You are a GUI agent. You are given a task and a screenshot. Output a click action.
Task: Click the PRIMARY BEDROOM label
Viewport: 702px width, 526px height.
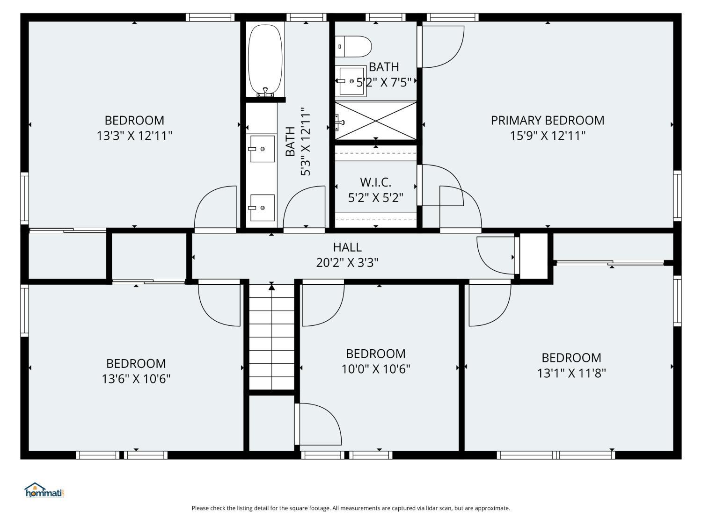click(548, 121)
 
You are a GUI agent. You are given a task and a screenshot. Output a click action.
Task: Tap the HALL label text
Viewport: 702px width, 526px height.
click(347, 247)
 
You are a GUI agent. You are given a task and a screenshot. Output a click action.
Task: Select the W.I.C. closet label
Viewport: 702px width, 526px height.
click(375, 182)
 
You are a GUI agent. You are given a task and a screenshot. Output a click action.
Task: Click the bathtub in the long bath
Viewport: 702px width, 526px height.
click(265, 60)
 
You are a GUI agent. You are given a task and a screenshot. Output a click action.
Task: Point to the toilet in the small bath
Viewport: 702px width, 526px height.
click(353, 46)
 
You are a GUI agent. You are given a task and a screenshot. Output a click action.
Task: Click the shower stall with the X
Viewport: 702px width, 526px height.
click(376, 121)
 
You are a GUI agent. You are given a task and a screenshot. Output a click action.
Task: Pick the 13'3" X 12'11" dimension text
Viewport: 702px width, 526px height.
click(134, 136)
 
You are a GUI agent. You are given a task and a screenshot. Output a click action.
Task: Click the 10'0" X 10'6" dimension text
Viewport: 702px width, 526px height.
click(376, 369)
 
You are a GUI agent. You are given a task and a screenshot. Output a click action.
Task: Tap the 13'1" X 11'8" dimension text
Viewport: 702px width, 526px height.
click(571, 373)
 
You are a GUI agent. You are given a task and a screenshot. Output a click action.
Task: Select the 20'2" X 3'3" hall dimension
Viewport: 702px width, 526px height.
click(347, 263)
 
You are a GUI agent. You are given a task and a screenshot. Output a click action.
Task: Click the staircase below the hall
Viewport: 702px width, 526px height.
click(271, 337)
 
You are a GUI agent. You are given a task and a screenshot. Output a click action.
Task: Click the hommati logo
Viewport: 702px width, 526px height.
click(44, 490)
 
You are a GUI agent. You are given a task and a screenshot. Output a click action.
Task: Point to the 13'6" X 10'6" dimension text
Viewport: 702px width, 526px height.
click(136, 379)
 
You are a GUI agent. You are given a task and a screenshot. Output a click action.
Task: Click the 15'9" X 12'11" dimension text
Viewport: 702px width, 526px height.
click(548, 136)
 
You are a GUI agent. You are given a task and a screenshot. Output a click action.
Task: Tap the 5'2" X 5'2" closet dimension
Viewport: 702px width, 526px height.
click(375, 198)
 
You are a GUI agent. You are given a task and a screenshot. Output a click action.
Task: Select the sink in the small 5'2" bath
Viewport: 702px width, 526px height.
click(351, 81)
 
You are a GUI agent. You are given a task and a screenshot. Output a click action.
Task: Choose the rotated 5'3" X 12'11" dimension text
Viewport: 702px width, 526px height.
click(306, 142)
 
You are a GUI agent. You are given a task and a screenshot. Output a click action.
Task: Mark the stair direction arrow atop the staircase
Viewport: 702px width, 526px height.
click(271, 286)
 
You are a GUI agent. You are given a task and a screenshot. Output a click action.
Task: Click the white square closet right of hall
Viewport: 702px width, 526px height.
click(533, 256)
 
